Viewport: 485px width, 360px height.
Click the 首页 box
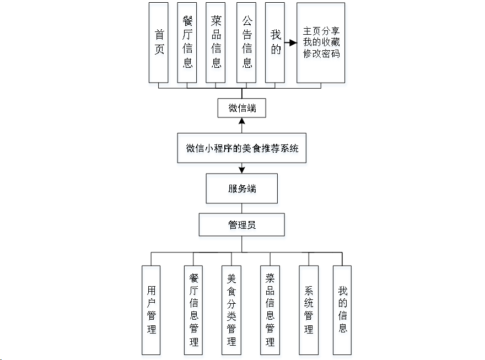[159, 42]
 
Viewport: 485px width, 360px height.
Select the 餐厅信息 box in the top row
[187, 42]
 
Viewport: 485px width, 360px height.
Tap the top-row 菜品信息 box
[215, 42]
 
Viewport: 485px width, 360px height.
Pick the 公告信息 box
[246, 42]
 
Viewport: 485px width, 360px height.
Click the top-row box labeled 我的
[275, 42]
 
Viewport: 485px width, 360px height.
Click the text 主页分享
[321, 31]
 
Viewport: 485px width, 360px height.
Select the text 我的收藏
[321, 42]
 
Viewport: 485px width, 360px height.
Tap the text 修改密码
[321, 54]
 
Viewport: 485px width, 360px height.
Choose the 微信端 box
[242, 108]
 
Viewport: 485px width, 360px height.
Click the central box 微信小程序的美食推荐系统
[242, 148]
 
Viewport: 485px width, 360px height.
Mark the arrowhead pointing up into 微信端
[242, 121]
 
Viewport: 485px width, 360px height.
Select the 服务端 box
[242, 189]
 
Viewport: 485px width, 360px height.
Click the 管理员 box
[242, 225]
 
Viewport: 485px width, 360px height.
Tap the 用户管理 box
[151, 310]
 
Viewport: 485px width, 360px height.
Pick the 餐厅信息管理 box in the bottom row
[193, 310]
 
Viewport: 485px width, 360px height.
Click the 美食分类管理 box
[231, 310]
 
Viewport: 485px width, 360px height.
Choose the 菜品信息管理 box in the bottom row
[270, 310]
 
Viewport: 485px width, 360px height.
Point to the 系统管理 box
[309, 310]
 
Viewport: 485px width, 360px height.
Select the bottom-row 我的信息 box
[342, 310]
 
